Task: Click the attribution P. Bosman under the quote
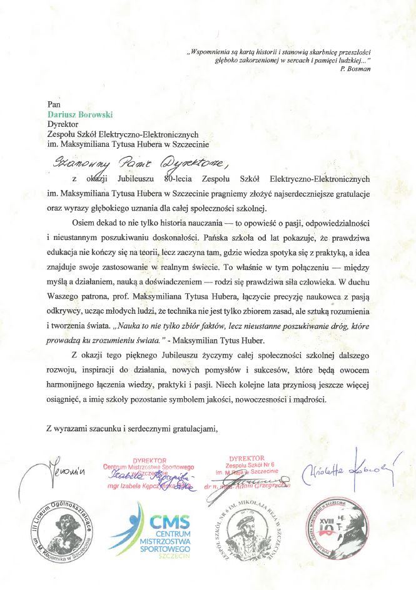pos(355,69)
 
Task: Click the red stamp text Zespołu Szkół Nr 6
pos(248,466)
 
